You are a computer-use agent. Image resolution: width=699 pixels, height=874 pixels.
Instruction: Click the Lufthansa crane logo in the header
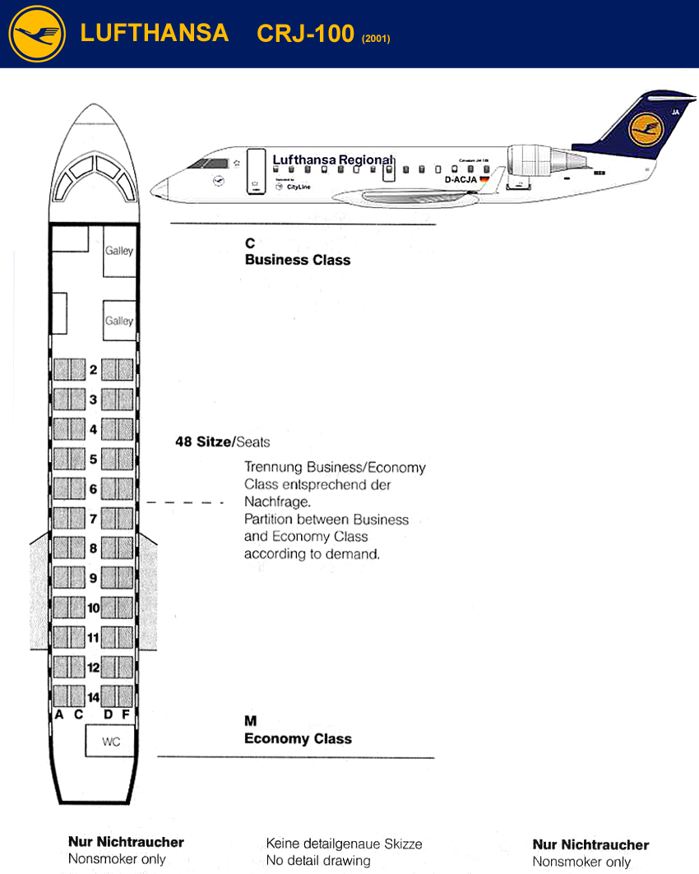[37, 33]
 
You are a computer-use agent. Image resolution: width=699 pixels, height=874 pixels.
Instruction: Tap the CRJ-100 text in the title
[305, 33]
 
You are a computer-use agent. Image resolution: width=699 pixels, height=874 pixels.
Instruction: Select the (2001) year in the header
[376, 38]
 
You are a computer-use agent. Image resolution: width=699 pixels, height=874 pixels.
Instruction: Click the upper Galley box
[119, 251]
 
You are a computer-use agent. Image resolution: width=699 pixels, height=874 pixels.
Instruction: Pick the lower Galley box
[119, 321]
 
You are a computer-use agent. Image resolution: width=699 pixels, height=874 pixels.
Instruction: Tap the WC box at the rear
[111, 742]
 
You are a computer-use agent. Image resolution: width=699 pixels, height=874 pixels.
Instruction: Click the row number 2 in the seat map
[94, 370]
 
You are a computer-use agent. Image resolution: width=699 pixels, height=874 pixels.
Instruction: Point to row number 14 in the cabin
[94, 696]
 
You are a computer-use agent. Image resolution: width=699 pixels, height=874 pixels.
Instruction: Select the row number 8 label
[94, 548]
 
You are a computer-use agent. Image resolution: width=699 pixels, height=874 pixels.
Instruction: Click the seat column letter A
[59, 714]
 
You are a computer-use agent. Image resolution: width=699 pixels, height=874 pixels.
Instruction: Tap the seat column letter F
[126, 714]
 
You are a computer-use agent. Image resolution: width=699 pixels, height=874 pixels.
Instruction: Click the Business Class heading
[298, 260]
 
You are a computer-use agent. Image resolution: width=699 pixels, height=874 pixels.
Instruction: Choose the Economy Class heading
[298, 738]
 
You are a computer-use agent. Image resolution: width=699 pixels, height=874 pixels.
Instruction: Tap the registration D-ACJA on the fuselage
[461, 179]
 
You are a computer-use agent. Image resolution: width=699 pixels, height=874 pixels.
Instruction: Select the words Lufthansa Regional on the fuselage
[332, 160]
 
